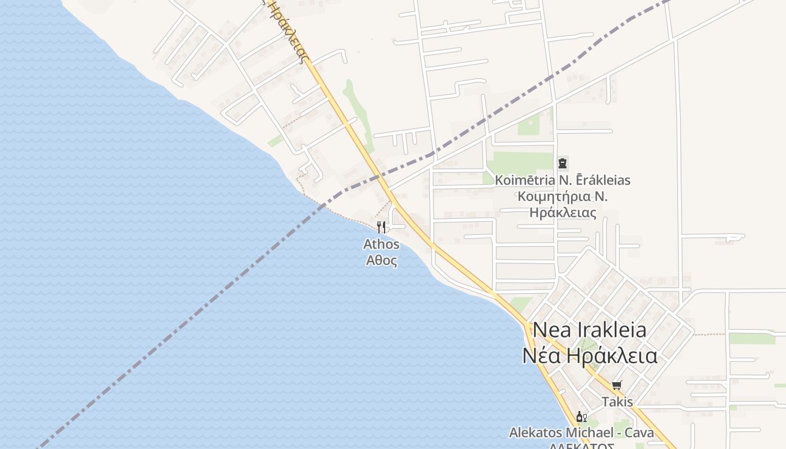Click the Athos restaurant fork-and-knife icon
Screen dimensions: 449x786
tap(381, 227)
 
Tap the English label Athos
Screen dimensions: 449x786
tap(381, 244)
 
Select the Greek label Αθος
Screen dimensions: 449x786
tap(381, 260)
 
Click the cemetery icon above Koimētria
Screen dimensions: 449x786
tap(563, 164)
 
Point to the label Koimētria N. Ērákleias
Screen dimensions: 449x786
tap(563, 180)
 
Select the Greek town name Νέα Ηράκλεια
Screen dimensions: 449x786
tap(589, 356)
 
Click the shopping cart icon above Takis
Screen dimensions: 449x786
tap(617, 385)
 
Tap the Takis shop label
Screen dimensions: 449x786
tap(617, 402)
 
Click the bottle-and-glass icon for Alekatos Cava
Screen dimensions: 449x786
tap(581, 416)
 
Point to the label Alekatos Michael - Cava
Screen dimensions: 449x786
tap(581, 433)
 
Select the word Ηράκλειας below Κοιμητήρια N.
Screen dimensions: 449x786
tap(563, 213)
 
